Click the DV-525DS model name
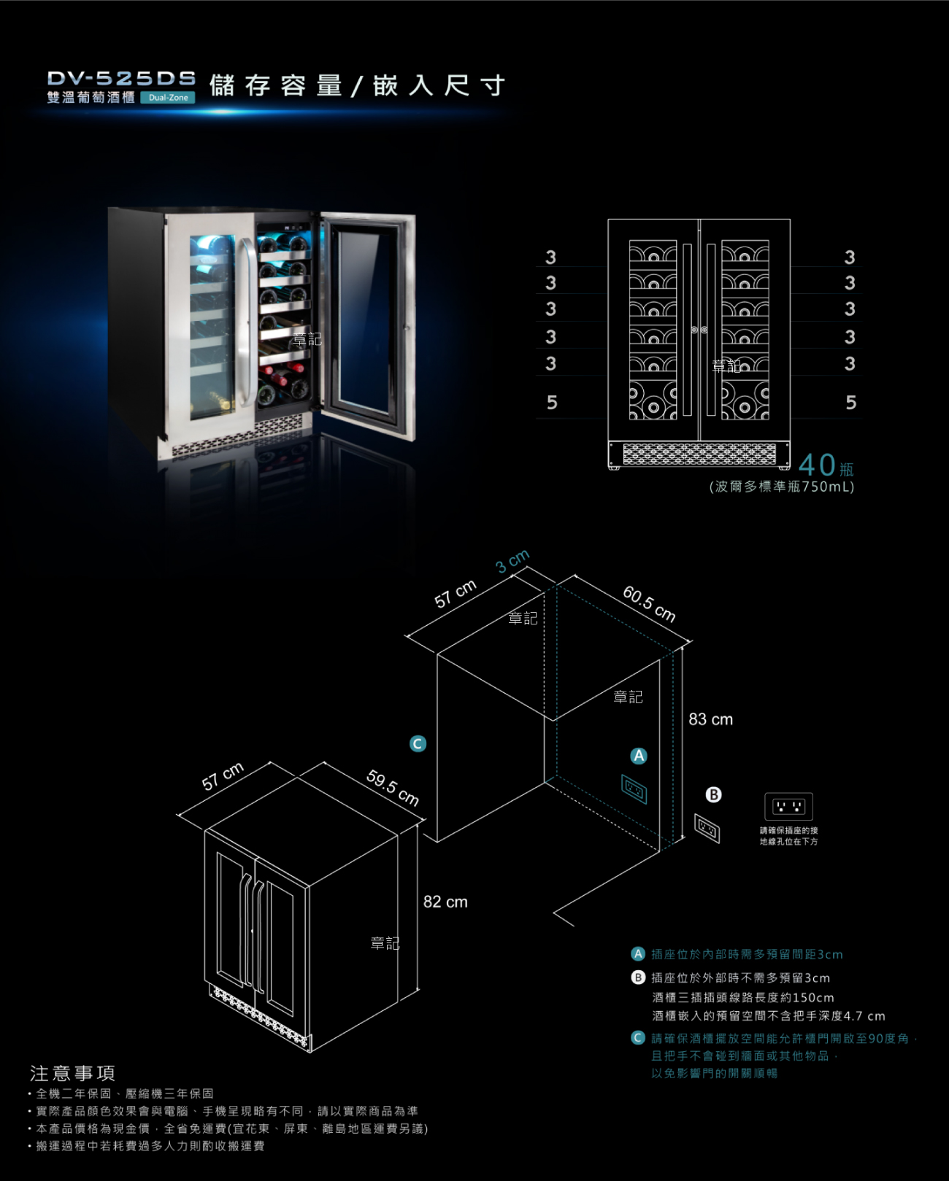pyautogui.click(x=121, y=78)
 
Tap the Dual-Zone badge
pyautogui.click(x=168, y=97)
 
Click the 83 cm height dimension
pyautogui.click(x=710, y=719)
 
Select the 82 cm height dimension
pyautogui.click(x=445, y=902)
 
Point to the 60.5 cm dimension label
pyautogui.click(x=649, y=604)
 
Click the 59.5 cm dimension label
pyautogui.click(x=393, y=788)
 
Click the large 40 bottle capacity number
pyautogui.click(x=817, y=465)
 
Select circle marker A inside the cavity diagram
pyautogui.click(x=639, y=756)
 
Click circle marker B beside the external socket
pyautogui.click(x=713, y=794)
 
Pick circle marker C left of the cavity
pyautogui.click(x=418, y=743)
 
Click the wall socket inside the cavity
pyautogui.click(x=634, y=789)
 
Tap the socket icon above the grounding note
pyautogui.click(x=788, y=806)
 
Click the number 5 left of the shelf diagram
pyautogui.click(x=552, y=403)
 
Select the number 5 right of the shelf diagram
pyautogui.click(x=850, y=403)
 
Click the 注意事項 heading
pyautogui.click(x=72, y=1073)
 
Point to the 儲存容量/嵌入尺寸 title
pyautogui.click(x=357, y=85)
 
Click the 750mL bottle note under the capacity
pyautogui.click(x=781, y=487)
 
